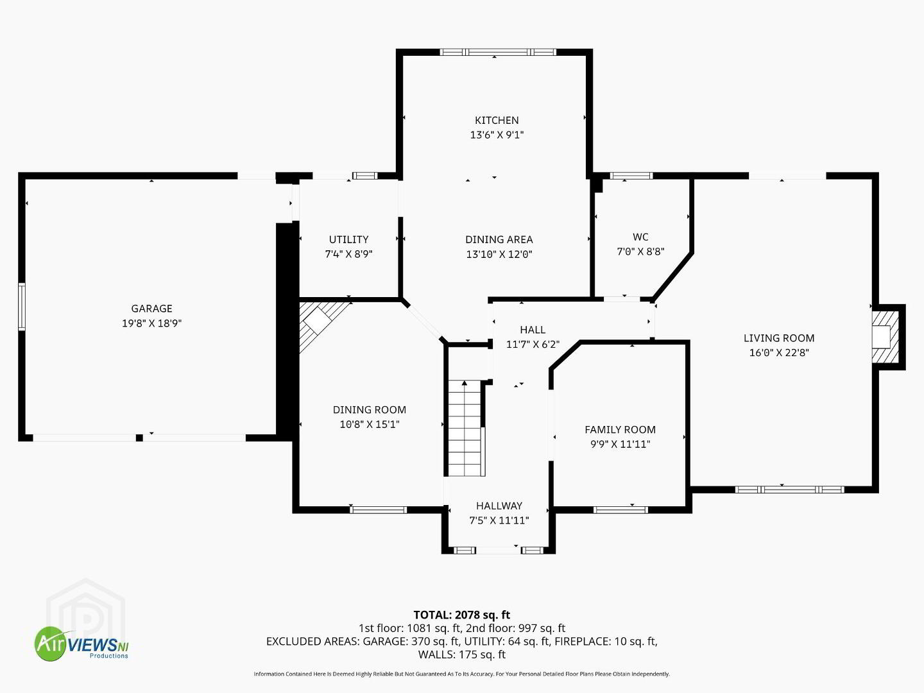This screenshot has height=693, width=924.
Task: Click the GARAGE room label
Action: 151,309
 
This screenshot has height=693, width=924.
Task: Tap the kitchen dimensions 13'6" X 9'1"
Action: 497,135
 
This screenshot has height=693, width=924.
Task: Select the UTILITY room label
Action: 348,239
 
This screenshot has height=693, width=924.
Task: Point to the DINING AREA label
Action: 499,239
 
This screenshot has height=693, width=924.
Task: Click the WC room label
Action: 640,237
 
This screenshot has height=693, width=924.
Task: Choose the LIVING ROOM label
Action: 779,338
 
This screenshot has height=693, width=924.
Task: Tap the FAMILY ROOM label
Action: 620,430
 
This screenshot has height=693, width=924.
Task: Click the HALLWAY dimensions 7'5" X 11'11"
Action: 499,520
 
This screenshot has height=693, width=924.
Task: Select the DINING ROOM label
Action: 369,410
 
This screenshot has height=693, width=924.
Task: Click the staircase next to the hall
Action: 465,428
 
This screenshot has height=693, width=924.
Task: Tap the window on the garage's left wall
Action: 21,307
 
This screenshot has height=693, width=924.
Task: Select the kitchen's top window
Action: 498,52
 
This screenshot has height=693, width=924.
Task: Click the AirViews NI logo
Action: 81,644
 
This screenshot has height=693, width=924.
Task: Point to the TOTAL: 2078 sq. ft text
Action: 462,615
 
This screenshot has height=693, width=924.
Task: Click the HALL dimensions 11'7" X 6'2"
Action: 533,345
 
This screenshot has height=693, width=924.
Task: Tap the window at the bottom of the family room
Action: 620,510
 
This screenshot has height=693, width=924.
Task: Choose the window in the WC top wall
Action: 631,176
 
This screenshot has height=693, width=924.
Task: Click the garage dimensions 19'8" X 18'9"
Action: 151,323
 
